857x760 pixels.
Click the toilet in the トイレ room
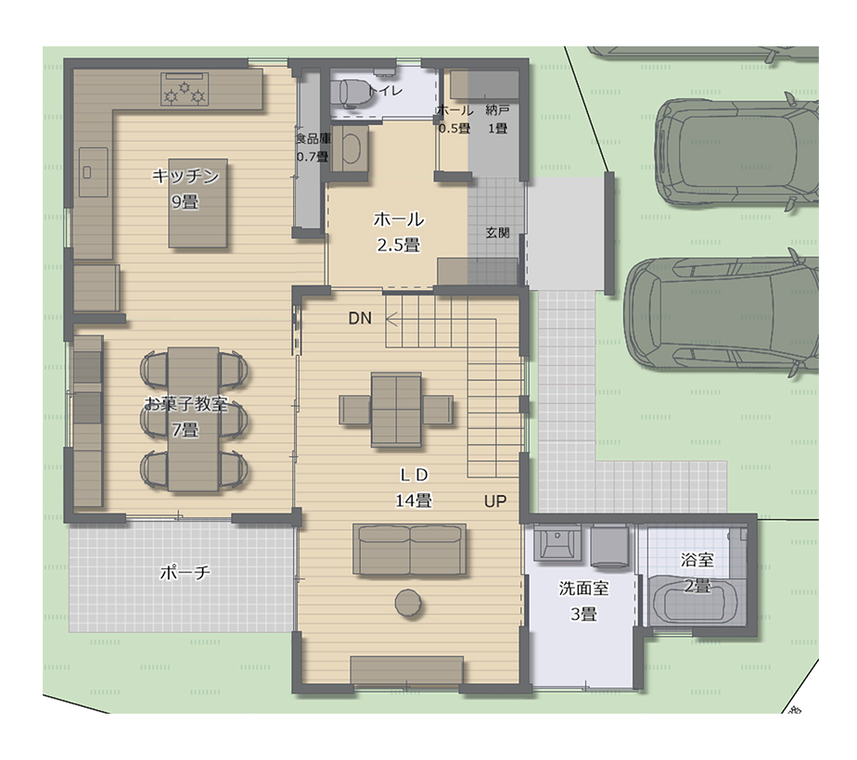(353, 92)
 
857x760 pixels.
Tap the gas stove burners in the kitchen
(185, 90)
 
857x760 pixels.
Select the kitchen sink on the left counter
(94, 172)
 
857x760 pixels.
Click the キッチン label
(185, 176)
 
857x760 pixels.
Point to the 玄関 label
(497, 233)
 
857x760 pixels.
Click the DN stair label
(360, 318)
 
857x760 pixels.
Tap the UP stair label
(495, 500)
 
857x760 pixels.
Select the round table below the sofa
(408, 602)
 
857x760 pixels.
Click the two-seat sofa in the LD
(409, 549)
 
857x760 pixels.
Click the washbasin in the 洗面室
(556, 543)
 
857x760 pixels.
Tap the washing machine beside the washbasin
(609, 546)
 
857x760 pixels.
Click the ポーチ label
(185, 572)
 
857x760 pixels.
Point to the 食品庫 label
(313, 139)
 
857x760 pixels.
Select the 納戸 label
(497, 110)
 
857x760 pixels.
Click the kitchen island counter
(198, 203)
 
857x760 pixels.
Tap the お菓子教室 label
(185, 404)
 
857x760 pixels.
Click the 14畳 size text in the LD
(414, 500)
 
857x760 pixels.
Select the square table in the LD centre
(396, 410)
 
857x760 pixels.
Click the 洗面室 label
(583, 588)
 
